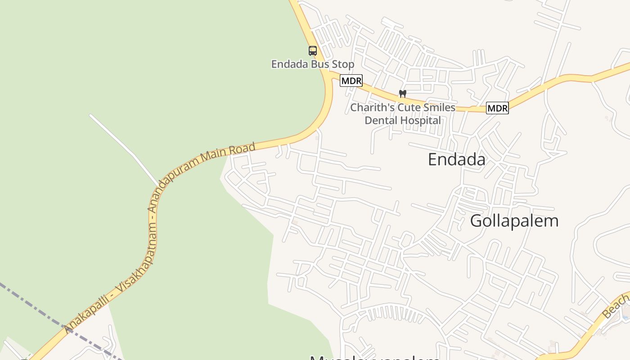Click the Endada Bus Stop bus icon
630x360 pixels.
[x=313, y=51]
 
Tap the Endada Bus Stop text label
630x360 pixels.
[x=312, y=64]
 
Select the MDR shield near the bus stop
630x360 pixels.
[x=351, y=81]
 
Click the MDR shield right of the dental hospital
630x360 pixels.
[x=497, y=108]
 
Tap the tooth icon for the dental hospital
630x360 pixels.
[x=403, y=94]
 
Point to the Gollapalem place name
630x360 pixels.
[x=514, y=221]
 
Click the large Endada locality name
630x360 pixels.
[x=456, y=160]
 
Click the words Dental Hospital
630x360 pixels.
[x=403, y=121]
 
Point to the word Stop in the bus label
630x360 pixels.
[x=342, y=64]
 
